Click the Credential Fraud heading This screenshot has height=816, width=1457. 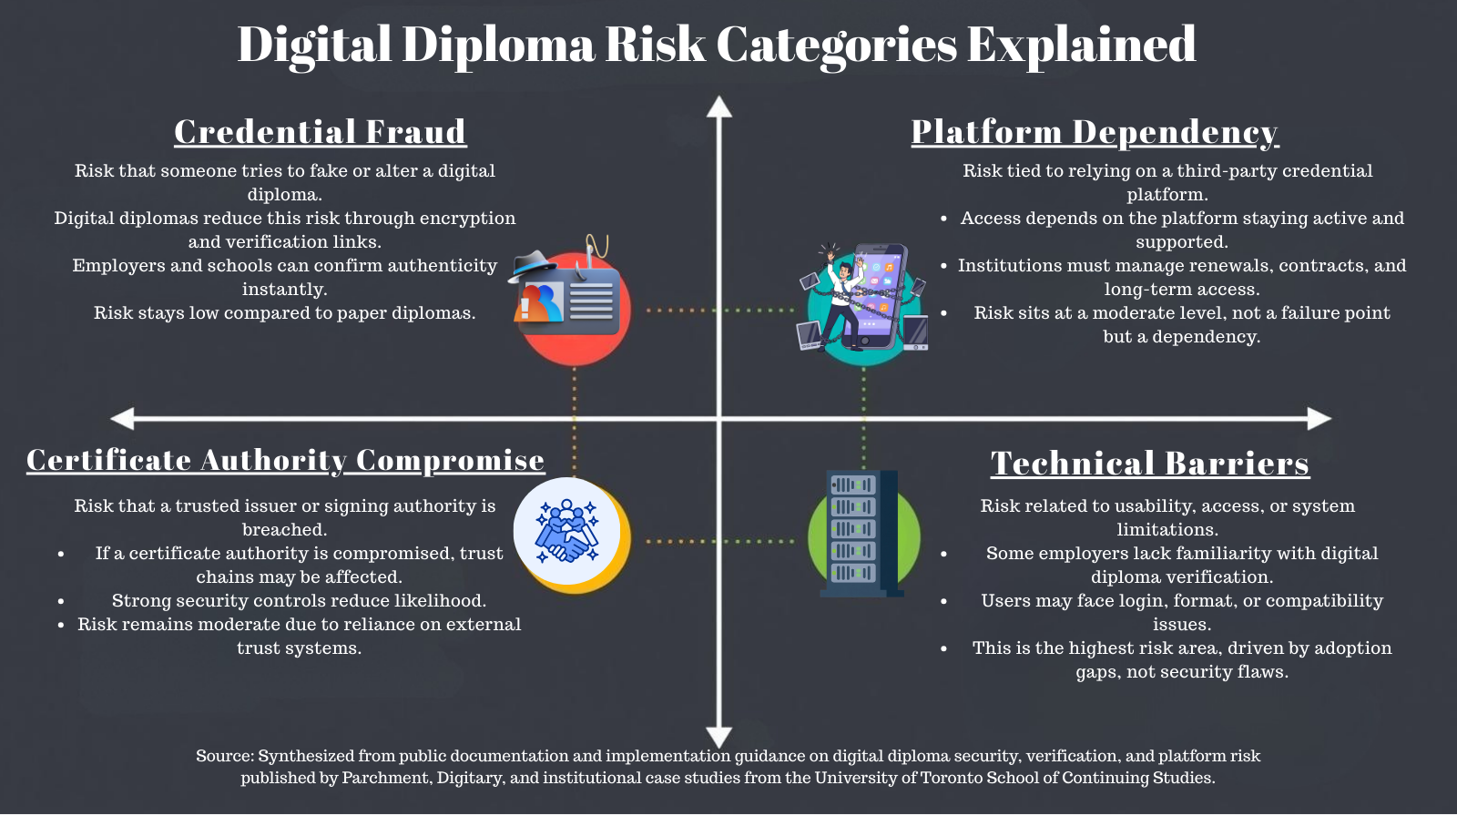[320, 132]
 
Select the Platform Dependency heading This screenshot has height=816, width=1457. [1095, 132]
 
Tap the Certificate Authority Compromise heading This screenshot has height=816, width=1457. [285, 461]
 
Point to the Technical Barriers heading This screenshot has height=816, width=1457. [1150, 464]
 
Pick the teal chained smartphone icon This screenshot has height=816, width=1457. [862, 304]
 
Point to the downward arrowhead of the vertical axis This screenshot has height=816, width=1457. [719, 737]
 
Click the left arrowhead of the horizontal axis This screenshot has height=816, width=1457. [122, 419]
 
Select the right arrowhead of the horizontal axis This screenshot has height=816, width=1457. [1319, 419]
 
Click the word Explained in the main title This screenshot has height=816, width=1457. [1081, 45]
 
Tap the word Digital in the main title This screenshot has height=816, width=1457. [314, 45]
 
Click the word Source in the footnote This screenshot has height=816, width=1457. [224, 756]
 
